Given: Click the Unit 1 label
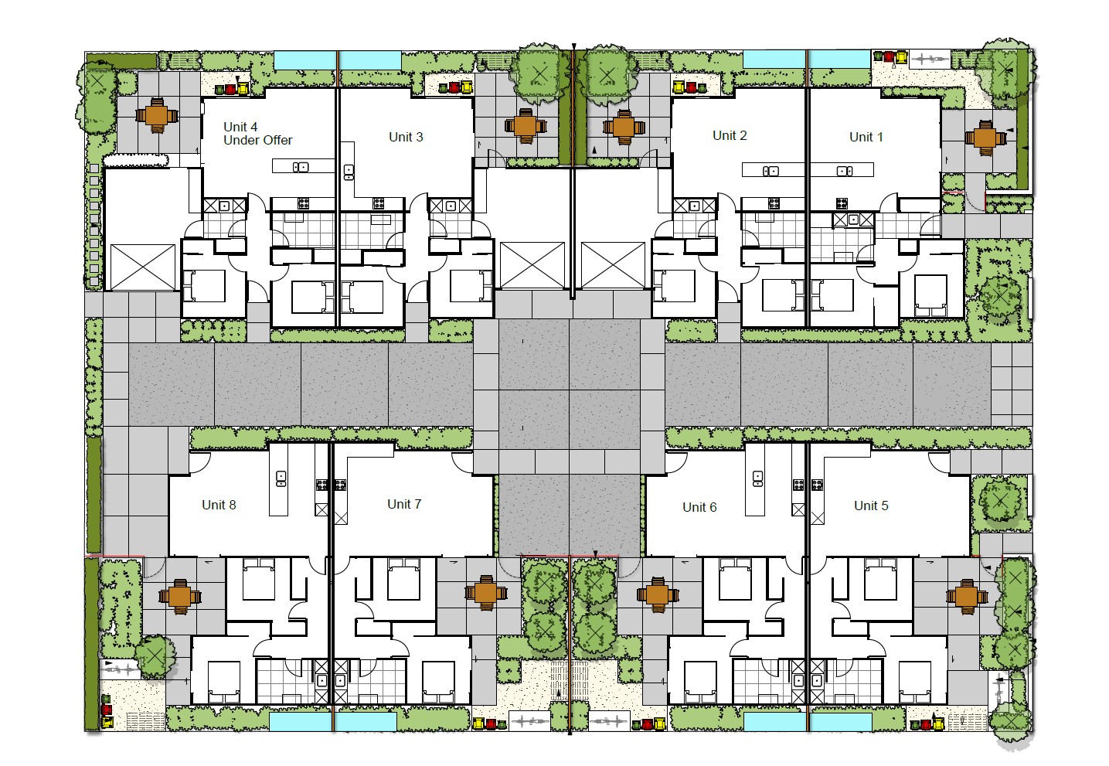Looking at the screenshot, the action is point(866,137).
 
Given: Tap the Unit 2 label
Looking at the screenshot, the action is point(730,136).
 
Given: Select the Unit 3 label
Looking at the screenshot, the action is point(406,137).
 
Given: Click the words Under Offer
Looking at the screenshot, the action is point(257,140).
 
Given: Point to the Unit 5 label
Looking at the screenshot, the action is point(871,506).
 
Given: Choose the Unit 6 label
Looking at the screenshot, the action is point(699,507).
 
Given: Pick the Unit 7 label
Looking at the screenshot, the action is point(404,504).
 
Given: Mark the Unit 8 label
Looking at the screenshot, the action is point(219,505).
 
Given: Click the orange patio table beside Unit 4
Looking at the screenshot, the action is point(156,117).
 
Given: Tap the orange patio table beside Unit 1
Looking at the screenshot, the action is point(985,138).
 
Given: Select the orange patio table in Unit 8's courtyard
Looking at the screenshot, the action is point(180,597).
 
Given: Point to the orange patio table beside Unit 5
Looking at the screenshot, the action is point(967,597).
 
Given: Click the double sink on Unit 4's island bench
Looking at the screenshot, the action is point(301,168).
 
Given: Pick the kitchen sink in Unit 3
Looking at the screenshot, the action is point(349,172).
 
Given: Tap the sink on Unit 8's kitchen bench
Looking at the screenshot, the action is point(281,478).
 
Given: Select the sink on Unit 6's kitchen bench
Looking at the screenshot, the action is point(757,478).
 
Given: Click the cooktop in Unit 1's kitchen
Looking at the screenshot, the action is point(842,203).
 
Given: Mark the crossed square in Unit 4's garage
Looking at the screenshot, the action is point(142,267).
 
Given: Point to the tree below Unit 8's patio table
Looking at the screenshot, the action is point(155,657).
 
